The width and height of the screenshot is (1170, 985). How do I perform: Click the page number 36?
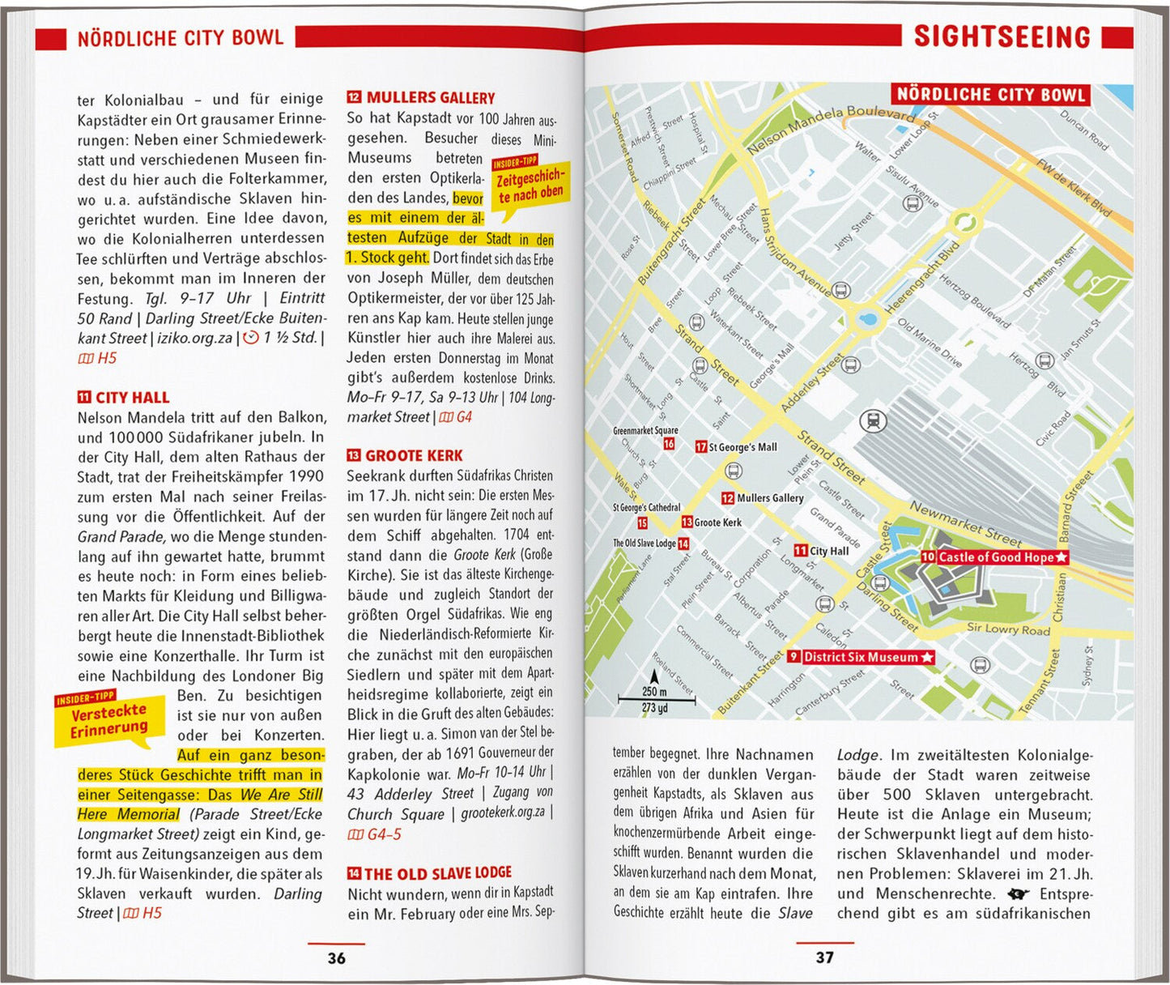(x=336, y=958)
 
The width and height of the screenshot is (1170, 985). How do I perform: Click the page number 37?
(x=824, y=957)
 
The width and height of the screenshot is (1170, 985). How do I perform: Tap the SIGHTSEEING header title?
(x=1002, y=37)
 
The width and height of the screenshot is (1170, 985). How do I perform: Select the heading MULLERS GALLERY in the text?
(x=430, y=98)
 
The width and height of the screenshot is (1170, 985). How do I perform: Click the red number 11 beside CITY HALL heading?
(x=84, y=397)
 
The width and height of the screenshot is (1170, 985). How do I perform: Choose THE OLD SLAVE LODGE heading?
(x=437, y=873)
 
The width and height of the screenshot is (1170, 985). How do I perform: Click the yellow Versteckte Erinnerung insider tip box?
(x=108, y=719)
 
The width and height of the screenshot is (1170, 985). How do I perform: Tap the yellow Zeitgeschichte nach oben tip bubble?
(x=530, y=185)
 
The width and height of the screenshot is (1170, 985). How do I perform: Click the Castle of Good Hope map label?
(x=995, y=557)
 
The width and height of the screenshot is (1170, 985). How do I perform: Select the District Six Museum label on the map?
(x=861, y=657)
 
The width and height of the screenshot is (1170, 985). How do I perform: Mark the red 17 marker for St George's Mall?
(x=701, y=446)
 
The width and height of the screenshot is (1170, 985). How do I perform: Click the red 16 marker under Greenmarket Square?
(x=669, y=444)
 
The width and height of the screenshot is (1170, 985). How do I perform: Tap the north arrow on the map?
(x=654, y=676)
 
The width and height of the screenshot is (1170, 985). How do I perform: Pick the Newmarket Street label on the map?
(x=965, y=523)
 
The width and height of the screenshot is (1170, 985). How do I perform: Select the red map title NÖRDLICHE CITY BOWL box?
(x=989, y=95)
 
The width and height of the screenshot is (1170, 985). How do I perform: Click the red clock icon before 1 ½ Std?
(x=251, y=338)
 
